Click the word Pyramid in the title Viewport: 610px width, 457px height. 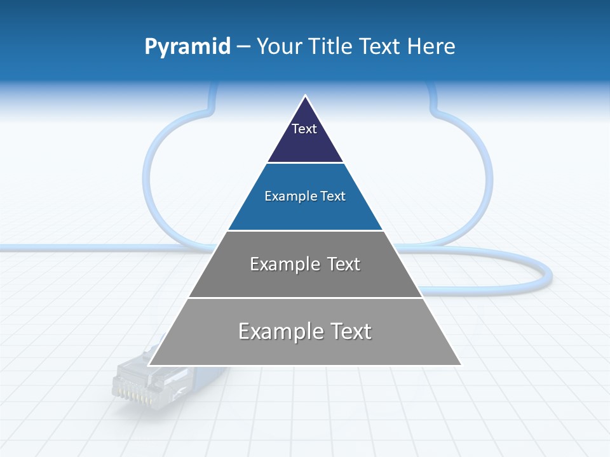[187, 46]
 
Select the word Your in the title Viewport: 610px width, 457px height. [280, 46]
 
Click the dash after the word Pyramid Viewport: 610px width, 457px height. [243, 47]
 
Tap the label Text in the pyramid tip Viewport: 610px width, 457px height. [304, 129]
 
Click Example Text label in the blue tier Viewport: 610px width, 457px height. [305, 196]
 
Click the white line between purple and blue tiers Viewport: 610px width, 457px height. [305, 163]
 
